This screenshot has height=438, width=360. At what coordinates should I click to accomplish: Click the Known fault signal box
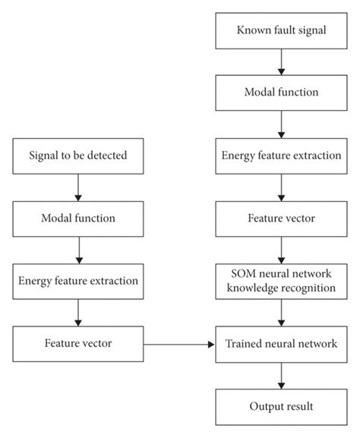(282, 31)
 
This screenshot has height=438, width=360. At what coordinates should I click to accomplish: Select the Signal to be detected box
(78, 156)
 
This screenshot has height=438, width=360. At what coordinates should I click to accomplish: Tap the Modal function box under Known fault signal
(282, 93)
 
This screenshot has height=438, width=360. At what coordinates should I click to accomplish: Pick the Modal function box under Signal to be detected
(78, 219)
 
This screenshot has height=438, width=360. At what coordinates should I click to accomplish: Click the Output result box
(282, 406)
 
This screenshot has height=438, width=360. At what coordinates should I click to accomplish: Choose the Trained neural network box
(282, 344)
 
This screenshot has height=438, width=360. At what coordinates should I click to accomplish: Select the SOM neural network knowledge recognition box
(282, 281)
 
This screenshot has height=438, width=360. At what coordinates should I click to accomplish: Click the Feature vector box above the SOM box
(282, 219)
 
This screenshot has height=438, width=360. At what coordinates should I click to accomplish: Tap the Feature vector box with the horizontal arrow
(78, 344)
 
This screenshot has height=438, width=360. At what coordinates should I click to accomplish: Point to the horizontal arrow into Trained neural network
(178, 344)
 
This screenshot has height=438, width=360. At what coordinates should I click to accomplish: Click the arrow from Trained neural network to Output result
(282, 375)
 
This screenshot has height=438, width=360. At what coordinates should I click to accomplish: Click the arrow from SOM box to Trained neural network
(282, 313)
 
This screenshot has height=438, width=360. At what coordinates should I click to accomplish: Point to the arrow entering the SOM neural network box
(282, 249)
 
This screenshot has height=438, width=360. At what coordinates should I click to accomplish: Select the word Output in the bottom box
(266, 406)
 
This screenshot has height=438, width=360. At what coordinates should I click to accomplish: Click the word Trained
(242, 344)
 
